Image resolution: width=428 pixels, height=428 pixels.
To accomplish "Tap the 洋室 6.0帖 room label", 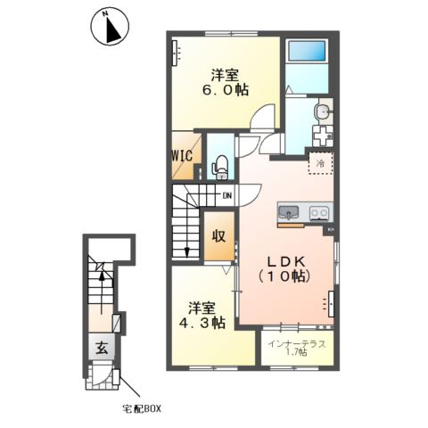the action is point(226,82).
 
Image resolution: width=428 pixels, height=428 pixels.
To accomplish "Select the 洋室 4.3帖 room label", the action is point(202,316).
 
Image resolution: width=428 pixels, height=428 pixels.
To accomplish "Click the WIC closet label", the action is point(183,155).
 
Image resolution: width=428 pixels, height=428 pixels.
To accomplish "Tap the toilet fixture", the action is point(220,168).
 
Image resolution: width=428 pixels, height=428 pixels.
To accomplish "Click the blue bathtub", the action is point(308,51).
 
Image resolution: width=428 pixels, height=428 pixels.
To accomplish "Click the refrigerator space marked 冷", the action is point(321,163).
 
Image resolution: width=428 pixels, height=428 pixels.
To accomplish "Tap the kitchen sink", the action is point(288,213).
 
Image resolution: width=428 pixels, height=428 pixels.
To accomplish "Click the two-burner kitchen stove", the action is point(319,213).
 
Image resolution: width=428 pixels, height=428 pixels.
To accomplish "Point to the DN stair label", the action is point(227,195).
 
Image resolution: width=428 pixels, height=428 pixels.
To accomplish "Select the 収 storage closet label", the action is point(218,236).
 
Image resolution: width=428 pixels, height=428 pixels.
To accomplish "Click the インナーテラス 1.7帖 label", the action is point(297,348).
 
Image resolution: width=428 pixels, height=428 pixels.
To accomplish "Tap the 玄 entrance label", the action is point(102,348).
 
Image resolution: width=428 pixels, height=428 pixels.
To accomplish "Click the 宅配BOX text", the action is point(142,409).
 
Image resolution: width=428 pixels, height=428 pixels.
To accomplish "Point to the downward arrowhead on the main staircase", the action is point(187,252).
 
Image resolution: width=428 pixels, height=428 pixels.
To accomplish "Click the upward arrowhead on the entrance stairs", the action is point(102,276).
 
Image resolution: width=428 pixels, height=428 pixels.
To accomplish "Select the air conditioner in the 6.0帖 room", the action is point(176,53).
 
